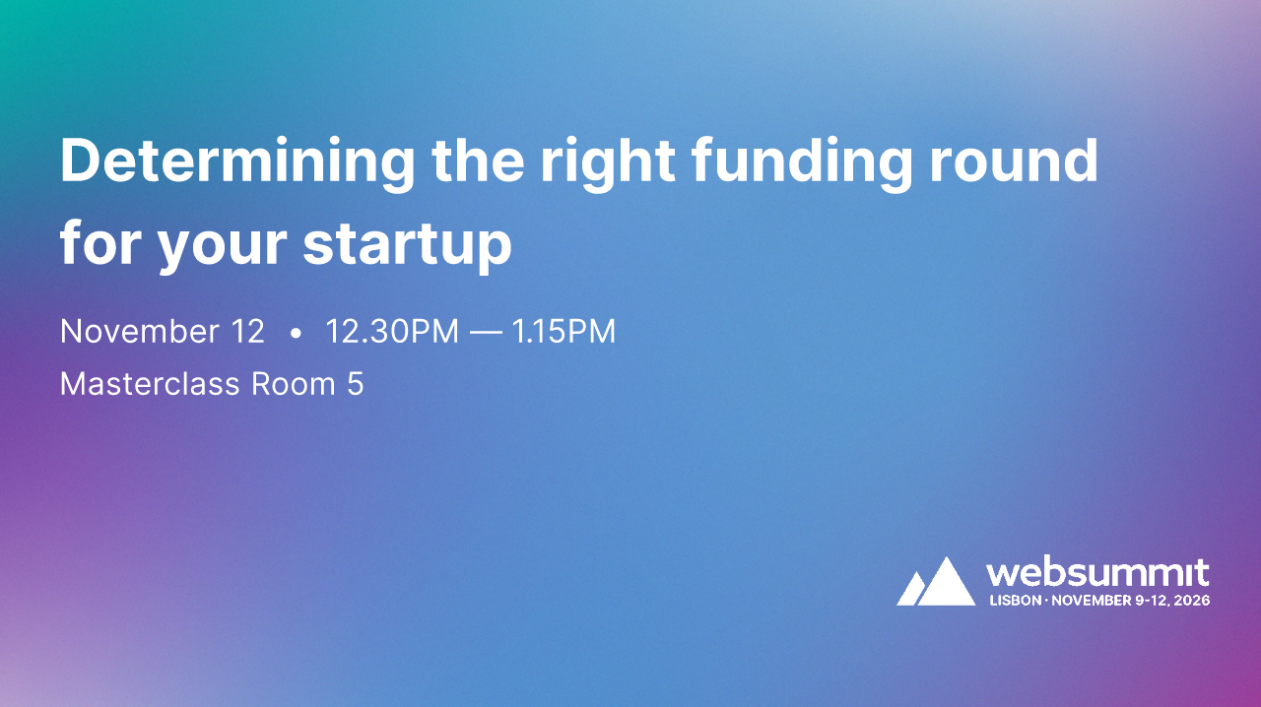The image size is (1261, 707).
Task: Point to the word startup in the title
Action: (407, 245)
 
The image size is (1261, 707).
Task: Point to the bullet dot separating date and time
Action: (296, 334)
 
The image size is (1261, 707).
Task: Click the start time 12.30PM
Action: (392, 332)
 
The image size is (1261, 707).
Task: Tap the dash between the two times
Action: (485, 333)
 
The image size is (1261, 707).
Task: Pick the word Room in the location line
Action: (294, 384)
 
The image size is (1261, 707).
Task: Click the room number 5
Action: (355, 384)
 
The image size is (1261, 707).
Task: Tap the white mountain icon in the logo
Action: (935, 582)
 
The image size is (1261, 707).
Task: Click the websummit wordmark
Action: (1097, 572)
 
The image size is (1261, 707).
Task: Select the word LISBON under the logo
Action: (1015, 600)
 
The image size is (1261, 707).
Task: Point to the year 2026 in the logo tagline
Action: (1191, 600)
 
